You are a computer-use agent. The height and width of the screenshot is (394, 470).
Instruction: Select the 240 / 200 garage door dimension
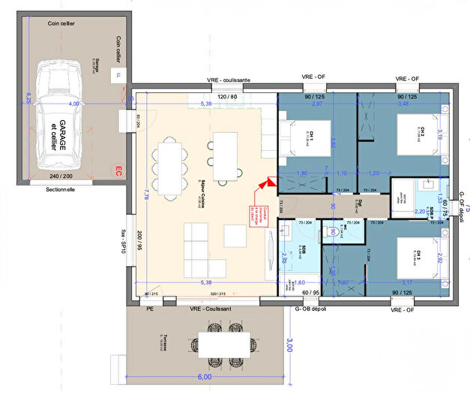point(61,176)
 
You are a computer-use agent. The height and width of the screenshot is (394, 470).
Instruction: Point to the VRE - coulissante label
point(229,80)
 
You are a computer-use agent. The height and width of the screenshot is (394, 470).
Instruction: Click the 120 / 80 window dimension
point(227,97)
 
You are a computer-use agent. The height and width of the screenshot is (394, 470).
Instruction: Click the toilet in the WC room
point(330,232)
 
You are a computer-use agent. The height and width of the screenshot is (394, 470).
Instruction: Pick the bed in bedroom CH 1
point(309,137)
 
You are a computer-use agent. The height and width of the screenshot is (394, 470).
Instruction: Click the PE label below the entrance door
point(150,308)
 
